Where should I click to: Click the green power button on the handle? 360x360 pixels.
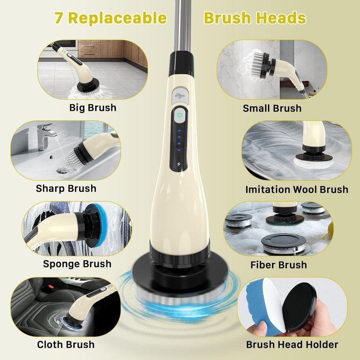(x=180, y=114)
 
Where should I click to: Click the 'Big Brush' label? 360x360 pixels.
(x=93, y=108)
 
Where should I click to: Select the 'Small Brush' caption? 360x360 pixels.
(x=272, y=108)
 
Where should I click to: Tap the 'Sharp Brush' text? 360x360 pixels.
(x=66, y=188)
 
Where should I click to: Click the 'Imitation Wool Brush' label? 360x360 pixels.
(x=297, y=189)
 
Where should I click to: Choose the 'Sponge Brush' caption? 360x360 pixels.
(x=77, y=264)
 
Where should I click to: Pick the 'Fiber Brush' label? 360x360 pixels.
(x=278, y=265)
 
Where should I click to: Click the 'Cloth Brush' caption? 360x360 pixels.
(x=66, y=344)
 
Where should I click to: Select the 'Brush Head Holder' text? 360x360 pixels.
(x=292, y=344)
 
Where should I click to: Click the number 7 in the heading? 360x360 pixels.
(x=59, y=18)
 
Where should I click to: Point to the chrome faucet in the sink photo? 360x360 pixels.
(x=45, y=134)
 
